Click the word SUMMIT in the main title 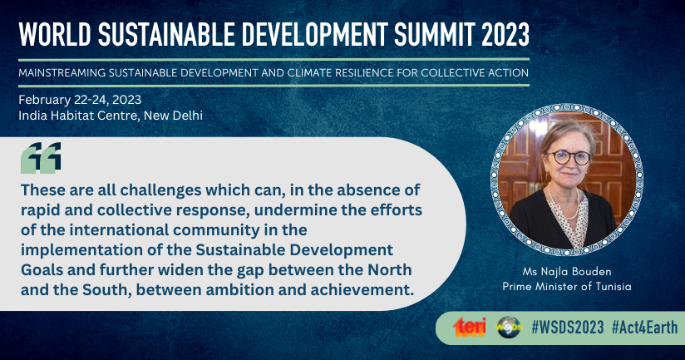(x=434, y=34)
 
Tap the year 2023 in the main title (x=505, y=34)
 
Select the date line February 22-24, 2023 (x=80, y=100)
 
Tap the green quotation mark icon (x=41, y=158)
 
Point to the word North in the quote (x=390, y=270)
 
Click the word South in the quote (x=107, y=289)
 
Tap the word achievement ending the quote (x=362, y=289)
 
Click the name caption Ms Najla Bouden (x=567, y=272)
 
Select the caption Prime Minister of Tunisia (x=567, y=287)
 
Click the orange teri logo (x=469, y=327)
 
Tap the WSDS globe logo (x=509, y=328)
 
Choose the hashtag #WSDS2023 (x=568, y=328)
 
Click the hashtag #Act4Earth (x=645, y=328)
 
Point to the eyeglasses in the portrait (x=569, y=157)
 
